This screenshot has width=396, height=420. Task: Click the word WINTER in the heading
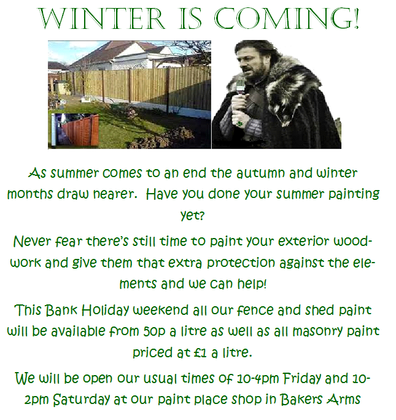(102, 18)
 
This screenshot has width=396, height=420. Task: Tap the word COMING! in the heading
(287, 18)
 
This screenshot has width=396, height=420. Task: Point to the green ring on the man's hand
(239, 123)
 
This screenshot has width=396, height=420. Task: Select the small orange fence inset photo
(74, 130)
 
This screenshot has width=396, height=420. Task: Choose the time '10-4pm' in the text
(258, 379)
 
